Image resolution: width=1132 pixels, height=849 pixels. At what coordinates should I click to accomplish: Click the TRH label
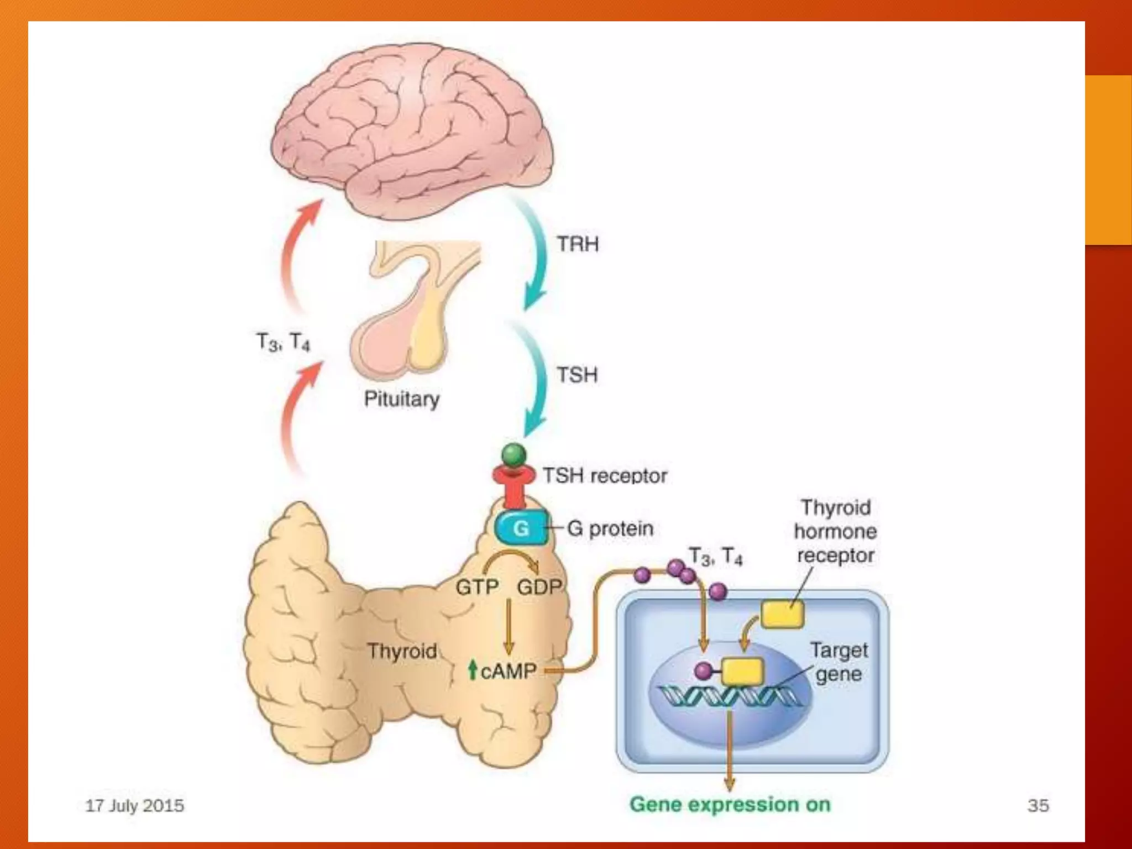577,244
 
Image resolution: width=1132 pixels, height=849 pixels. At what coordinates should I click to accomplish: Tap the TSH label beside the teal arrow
577,375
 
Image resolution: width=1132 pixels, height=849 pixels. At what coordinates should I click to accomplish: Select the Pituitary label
402,399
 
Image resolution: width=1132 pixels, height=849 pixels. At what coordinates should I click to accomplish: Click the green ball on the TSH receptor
514,455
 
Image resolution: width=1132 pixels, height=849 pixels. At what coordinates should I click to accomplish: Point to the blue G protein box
521,528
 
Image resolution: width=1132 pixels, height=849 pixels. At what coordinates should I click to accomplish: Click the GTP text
477,586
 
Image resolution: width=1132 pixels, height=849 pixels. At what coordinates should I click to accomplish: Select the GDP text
539,586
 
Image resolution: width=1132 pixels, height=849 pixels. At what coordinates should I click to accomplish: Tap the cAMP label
508,671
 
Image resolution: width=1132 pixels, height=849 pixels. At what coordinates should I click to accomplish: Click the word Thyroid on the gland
402,651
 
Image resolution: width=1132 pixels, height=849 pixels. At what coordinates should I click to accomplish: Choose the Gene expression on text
730,804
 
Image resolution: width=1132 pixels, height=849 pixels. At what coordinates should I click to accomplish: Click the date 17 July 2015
134,805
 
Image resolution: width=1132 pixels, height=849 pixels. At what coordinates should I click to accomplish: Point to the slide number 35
1038,805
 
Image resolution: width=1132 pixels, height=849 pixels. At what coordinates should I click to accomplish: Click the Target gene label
838,662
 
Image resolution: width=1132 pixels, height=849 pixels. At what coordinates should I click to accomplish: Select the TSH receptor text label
605,475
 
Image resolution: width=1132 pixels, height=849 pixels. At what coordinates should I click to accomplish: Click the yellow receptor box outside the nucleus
782,614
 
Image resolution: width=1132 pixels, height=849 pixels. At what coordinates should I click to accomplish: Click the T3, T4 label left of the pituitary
283,342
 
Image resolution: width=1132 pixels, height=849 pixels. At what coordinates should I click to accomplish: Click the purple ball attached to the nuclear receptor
703,671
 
